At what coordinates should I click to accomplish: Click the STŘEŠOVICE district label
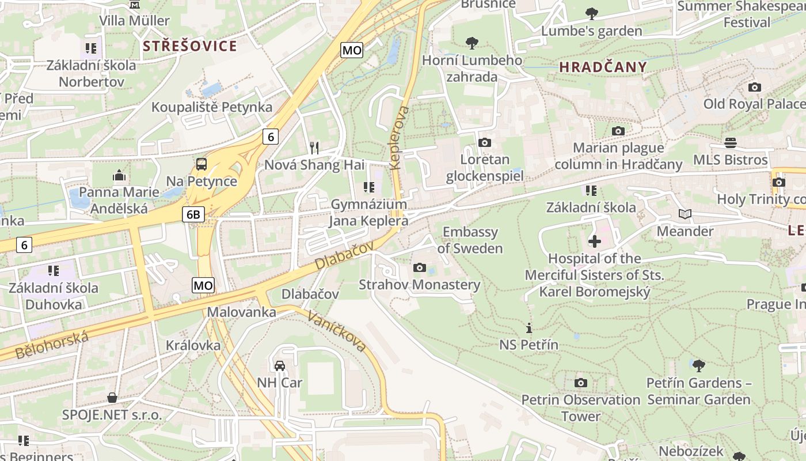(x=189, y=46)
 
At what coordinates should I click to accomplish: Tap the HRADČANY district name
(x=603, y=67)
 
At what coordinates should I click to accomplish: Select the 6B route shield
(x=193, y=215)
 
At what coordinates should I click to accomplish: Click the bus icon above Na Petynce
(x=201, y=164)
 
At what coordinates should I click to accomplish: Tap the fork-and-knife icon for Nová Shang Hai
(x=314, y=148)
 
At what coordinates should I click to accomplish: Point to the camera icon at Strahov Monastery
(x=420, y=267)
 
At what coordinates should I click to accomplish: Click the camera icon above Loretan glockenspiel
(x=485, y=142)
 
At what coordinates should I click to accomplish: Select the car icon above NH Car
(x=279, y=365)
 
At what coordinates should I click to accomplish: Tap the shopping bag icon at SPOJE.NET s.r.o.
(x=112, y=398)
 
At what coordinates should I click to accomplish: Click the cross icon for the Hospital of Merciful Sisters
(x=594, y=241)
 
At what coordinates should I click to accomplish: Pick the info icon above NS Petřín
(x=529, y=328)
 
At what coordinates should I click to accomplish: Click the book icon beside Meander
(x=685, y=214)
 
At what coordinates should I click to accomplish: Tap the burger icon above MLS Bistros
(x=731, y=142)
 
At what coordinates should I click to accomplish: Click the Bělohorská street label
(x=52, y=345)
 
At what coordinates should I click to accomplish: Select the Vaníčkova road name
(x=337, y=331)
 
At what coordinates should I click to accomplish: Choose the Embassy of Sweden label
(x=470, y=240)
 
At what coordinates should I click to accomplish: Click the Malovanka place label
(x=241, y=312)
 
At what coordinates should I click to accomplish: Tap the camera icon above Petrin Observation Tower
(x=581, y=383)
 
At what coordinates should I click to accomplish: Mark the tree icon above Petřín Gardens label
(x=698, y=365)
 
